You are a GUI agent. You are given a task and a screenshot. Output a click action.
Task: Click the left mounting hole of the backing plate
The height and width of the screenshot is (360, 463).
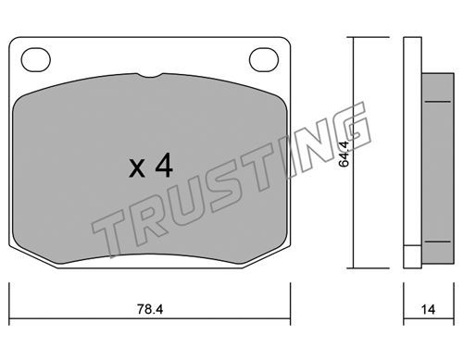(36, 60)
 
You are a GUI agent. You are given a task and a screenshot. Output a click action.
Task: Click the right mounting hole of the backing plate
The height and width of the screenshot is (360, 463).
(264, 60)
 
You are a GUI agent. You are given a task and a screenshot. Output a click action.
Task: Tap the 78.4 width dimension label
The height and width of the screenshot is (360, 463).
(150, 309)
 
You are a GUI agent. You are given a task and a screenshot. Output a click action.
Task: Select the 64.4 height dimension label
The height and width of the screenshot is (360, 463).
(344, 154)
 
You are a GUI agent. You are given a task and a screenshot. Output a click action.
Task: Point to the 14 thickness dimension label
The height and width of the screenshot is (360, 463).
(428, 309)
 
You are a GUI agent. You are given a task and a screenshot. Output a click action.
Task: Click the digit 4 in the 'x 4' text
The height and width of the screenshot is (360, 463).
(164, 165)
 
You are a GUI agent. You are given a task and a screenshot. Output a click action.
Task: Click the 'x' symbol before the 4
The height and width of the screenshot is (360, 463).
(137, 168)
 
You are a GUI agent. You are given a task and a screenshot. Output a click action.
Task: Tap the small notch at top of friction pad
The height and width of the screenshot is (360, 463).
(150, 75)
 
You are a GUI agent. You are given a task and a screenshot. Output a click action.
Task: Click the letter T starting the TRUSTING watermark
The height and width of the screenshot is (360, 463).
(108, 234)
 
